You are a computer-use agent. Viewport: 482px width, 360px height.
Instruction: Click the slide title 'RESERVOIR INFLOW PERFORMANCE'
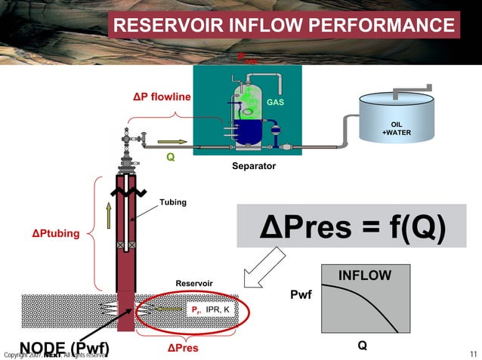(x=283, y=27)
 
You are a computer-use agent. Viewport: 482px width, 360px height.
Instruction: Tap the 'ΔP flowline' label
(x=162, y=97)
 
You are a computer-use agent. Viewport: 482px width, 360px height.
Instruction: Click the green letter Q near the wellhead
(x=170, y=157)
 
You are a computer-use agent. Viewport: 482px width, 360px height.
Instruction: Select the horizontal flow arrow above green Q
(x=171, y=141)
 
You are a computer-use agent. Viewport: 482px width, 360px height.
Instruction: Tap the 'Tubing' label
(x=172, y=202)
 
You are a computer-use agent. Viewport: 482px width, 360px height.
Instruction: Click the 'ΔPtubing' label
(x=55, y=233)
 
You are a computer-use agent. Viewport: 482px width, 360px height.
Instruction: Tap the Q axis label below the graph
(x=363, y=345)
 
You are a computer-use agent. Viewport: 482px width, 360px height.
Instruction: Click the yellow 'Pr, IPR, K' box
(x=211, y=309)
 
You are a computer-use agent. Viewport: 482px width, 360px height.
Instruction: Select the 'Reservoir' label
(x=194, y=283)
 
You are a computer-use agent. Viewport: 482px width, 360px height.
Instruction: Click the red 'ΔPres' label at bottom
(x=183, y=348)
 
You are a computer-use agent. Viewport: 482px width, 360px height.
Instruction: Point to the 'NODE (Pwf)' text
(x=64, y=348)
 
